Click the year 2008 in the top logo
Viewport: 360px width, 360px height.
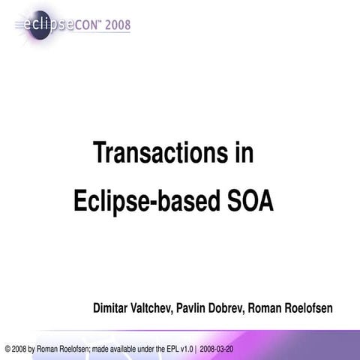[116, 25]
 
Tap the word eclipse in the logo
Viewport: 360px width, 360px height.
[51, 24]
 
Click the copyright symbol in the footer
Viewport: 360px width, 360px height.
[7, 349]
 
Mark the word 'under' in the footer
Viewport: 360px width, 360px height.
[142, 349]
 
